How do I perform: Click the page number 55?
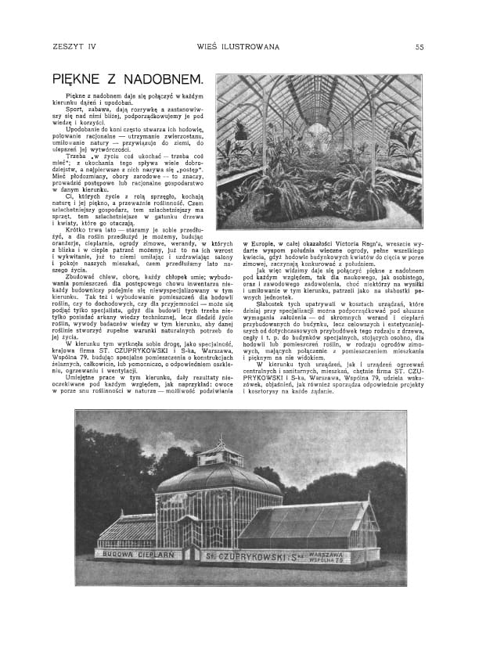[x=419, y=46]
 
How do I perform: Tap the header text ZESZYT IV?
[x=73, y=46]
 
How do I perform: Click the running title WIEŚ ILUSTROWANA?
[x=239, y=46]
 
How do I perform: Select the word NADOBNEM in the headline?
[x=161, y=80]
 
